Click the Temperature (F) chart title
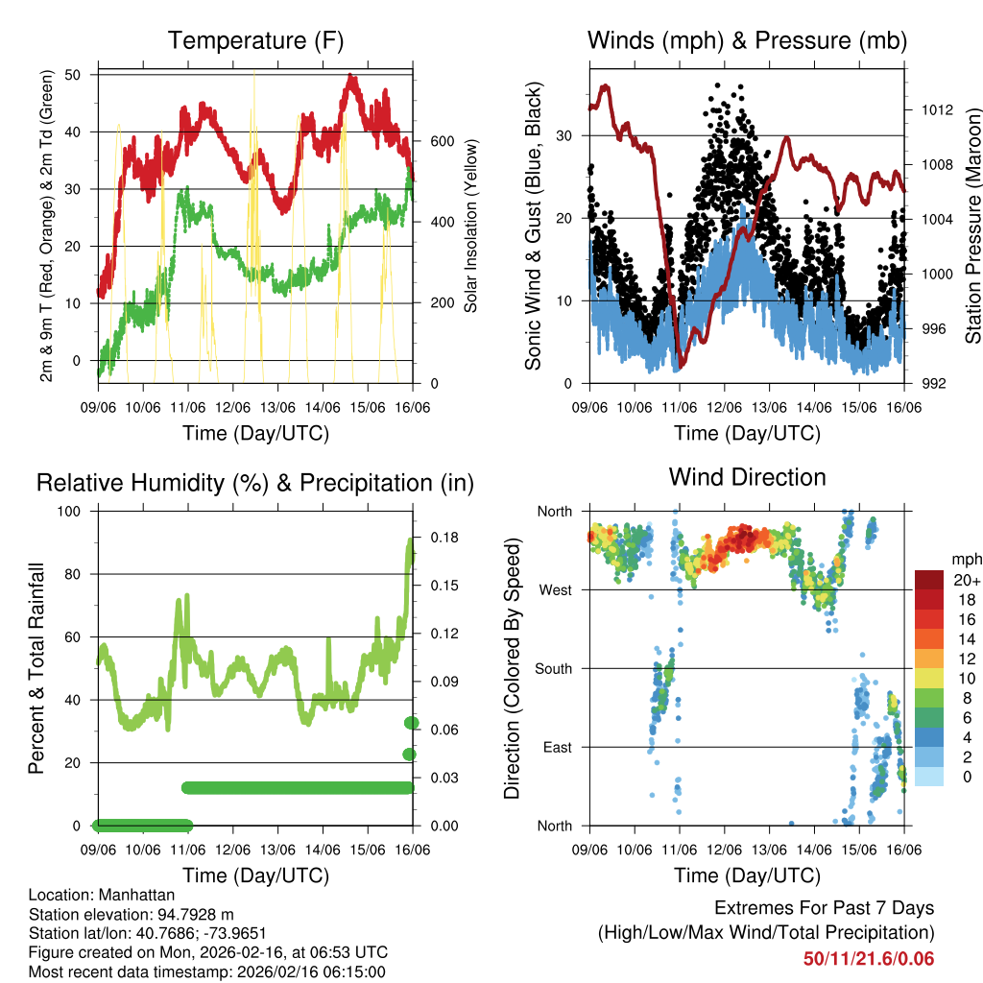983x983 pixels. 255,40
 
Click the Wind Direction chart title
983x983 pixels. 747,476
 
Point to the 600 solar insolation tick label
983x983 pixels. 441,141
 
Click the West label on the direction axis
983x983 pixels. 556,589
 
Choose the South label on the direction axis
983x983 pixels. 553,668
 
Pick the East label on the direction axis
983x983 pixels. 557,747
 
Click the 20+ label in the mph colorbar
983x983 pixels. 966,580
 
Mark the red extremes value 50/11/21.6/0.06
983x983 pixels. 869,958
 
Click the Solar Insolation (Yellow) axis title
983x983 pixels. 471,226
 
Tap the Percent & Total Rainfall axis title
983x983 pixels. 36,668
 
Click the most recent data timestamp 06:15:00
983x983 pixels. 355,971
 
